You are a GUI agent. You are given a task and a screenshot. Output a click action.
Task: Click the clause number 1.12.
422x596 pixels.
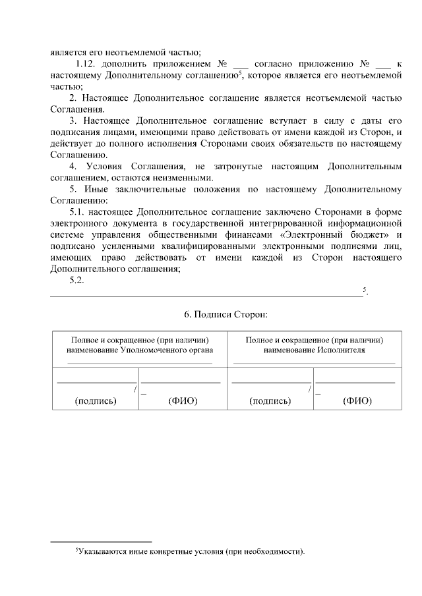pyautogui.click(x=86, y=64)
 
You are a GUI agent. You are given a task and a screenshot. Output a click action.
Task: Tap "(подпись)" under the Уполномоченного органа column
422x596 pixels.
pyautogui.click(x=96, y=401)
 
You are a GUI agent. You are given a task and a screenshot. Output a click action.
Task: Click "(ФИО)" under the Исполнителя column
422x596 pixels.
pyautogui.click(x=357, y=401)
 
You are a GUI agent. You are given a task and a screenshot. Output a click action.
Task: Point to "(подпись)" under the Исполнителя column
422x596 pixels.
pyautogui.click(x=270, y=401)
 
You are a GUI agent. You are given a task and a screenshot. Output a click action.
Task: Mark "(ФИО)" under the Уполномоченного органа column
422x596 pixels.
pyautogui.click(x=183, y=401)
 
